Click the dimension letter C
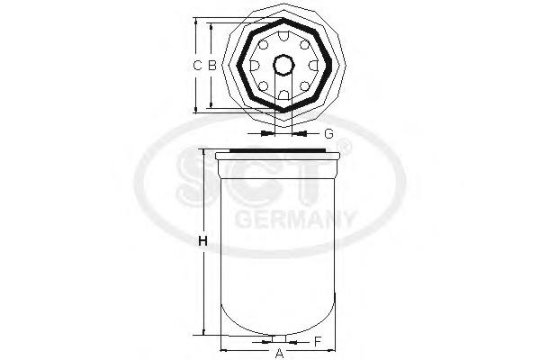click(197, 65)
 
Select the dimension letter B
click(211, 65)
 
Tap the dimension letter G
click(328, 133)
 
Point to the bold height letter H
click(203, 241)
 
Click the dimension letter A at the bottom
click(279, 353)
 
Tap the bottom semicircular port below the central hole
click(283, 94)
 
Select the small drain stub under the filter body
click(279, 339)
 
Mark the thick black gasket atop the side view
click(279, 150)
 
